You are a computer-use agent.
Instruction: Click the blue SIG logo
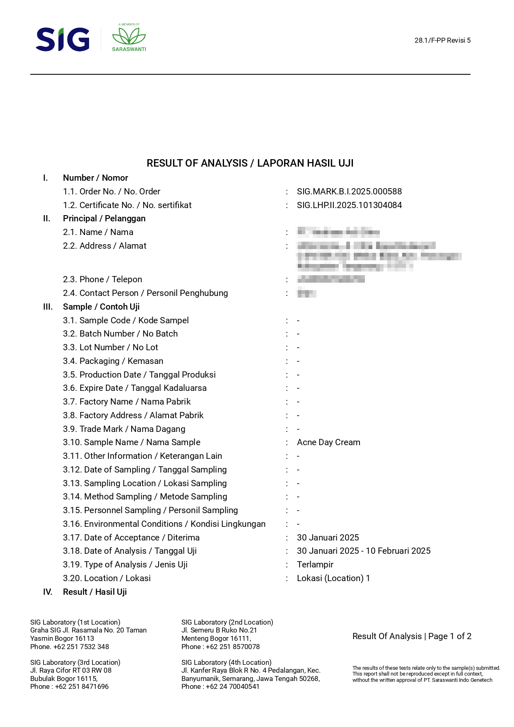pos(63,39)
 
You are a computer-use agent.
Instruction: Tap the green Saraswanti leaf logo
pos(129,37)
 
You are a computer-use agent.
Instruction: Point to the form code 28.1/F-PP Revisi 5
pos(442,40)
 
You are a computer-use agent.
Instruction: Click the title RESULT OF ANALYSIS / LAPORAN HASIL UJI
pos(250,163)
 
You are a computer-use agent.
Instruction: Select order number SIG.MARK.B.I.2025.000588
pos(349,191)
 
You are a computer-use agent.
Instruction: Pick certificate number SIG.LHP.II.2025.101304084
pos(349,205)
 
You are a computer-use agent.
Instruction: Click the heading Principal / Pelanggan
pos(104,218)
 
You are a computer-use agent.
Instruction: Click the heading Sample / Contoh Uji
pos(101,307)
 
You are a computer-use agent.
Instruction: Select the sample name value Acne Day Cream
pos(328,442)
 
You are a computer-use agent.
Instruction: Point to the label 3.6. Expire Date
pos(135,388)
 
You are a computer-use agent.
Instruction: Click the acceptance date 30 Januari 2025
pos(328,538)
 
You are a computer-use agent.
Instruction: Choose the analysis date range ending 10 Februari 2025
pos(364,551)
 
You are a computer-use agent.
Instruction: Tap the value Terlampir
pos(315,565)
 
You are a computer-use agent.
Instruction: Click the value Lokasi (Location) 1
pos(333,578)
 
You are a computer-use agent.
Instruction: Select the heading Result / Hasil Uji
pos(94,592)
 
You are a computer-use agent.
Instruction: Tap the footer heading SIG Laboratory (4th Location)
pos(226,662)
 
